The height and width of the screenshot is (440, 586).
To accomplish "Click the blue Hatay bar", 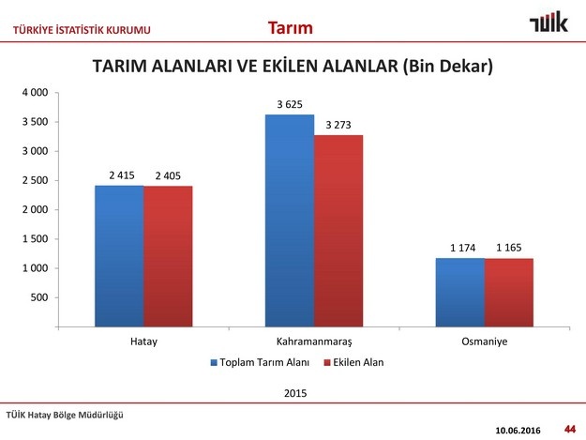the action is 119,256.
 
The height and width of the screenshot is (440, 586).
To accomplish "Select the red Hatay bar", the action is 168,256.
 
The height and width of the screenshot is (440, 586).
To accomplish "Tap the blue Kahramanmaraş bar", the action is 290,220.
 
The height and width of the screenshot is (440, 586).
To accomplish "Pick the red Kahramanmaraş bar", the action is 338,231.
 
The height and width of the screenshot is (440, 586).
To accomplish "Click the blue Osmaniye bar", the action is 460,293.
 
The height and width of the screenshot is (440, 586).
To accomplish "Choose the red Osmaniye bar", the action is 509,293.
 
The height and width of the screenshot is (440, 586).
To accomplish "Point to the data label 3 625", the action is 290,104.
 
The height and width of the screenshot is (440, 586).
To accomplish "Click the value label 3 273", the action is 338,125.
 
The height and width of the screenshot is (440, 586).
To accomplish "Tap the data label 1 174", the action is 462,248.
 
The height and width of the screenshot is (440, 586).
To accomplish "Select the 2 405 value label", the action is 168,175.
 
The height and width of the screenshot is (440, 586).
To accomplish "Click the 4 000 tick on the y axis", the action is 35,92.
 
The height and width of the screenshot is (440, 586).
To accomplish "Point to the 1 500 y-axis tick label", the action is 35,239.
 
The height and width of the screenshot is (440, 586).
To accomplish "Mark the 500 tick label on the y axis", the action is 39,297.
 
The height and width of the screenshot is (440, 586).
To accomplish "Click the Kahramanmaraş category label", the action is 314,341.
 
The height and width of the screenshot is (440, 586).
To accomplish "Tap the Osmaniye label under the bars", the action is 485,341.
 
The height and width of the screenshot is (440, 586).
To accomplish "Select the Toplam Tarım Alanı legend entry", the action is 260,362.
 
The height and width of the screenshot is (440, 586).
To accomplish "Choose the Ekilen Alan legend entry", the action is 353,362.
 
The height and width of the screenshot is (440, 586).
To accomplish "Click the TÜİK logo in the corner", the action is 548,22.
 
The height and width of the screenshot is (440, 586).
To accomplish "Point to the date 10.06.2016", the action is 518,431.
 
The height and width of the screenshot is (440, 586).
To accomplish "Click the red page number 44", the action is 570,429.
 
